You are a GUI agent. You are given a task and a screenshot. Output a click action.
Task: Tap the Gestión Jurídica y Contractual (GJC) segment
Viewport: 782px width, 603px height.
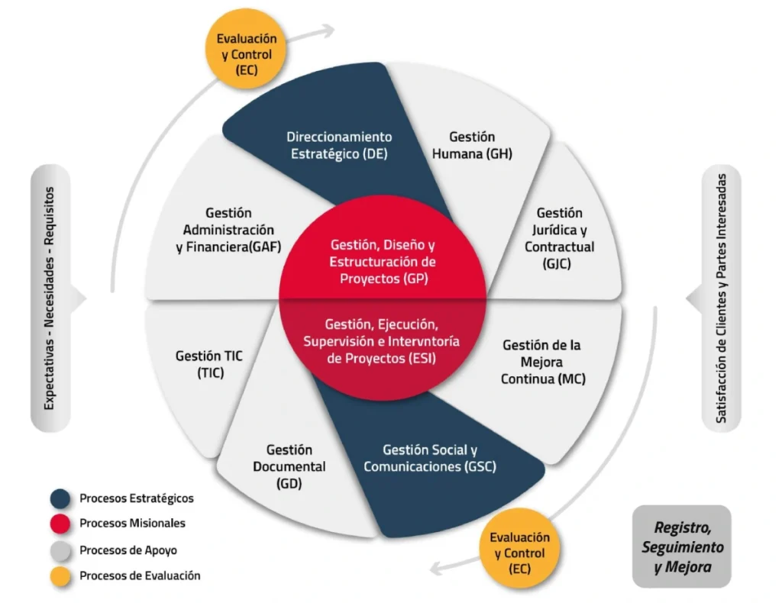tap(559, 237)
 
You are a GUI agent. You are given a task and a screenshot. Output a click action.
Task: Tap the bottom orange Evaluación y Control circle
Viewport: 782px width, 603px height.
tap(519, 553)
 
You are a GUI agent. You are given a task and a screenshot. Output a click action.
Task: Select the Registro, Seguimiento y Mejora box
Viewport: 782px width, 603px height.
tap(682, 547)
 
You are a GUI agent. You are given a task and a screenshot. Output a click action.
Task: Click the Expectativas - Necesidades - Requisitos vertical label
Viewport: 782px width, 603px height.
tap(50, 298)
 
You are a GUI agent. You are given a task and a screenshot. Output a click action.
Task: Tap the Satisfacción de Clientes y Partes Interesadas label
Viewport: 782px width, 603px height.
tap(721, 298)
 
